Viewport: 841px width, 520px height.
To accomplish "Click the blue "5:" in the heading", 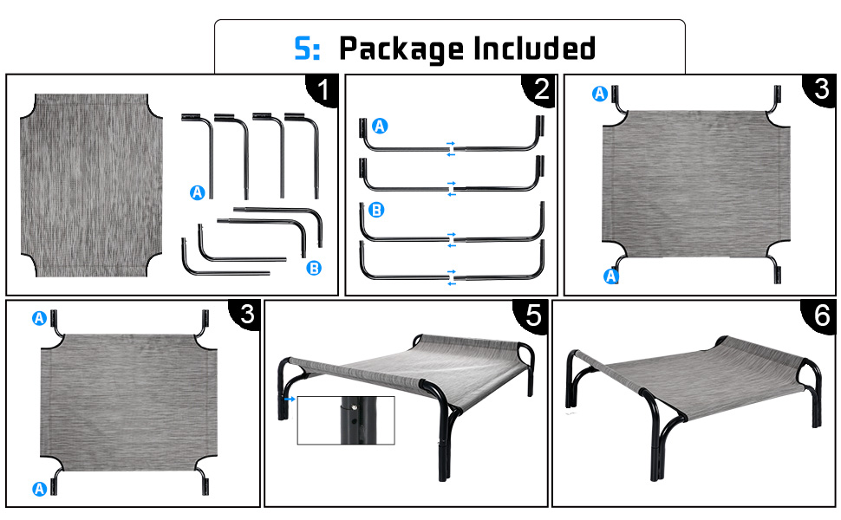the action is [307, 49].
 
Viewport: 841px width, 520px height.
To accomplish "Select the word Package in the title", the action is [401, 49].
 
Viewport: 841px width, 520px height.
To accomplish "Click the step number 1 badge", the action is [323, 90].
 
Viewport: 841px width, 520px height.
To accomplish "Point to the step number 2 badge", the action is [541, 89].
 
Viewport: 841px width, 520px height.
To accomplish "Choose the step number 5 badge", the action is [532, 315].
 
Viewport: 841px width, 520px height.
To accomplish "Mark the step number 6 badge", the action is [820, 315].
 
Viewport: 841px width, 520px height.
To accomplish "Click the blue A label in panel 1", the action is [198, 192].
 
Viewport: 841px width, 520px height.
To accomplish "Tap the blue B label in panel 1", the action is [314, 268].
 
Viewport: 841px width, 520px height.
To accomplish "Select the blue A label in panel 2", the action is [380, 126].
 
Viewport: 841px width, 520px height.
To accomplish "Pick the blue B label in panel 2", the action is [376, 210].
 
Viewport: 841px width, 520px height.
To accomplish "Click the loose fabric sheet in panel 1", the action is [91, 185].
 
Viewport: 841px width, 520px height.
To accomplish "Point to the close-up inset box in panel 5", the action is [346, 420].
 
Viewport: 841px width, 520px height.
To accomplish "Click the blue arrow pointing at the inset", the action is [290, 400].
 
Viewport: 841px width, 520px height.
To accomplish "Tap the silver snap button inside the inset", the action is [354, 407].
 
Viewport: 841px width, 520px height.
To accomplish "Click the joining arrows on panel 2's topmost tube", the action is [451, 149].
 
